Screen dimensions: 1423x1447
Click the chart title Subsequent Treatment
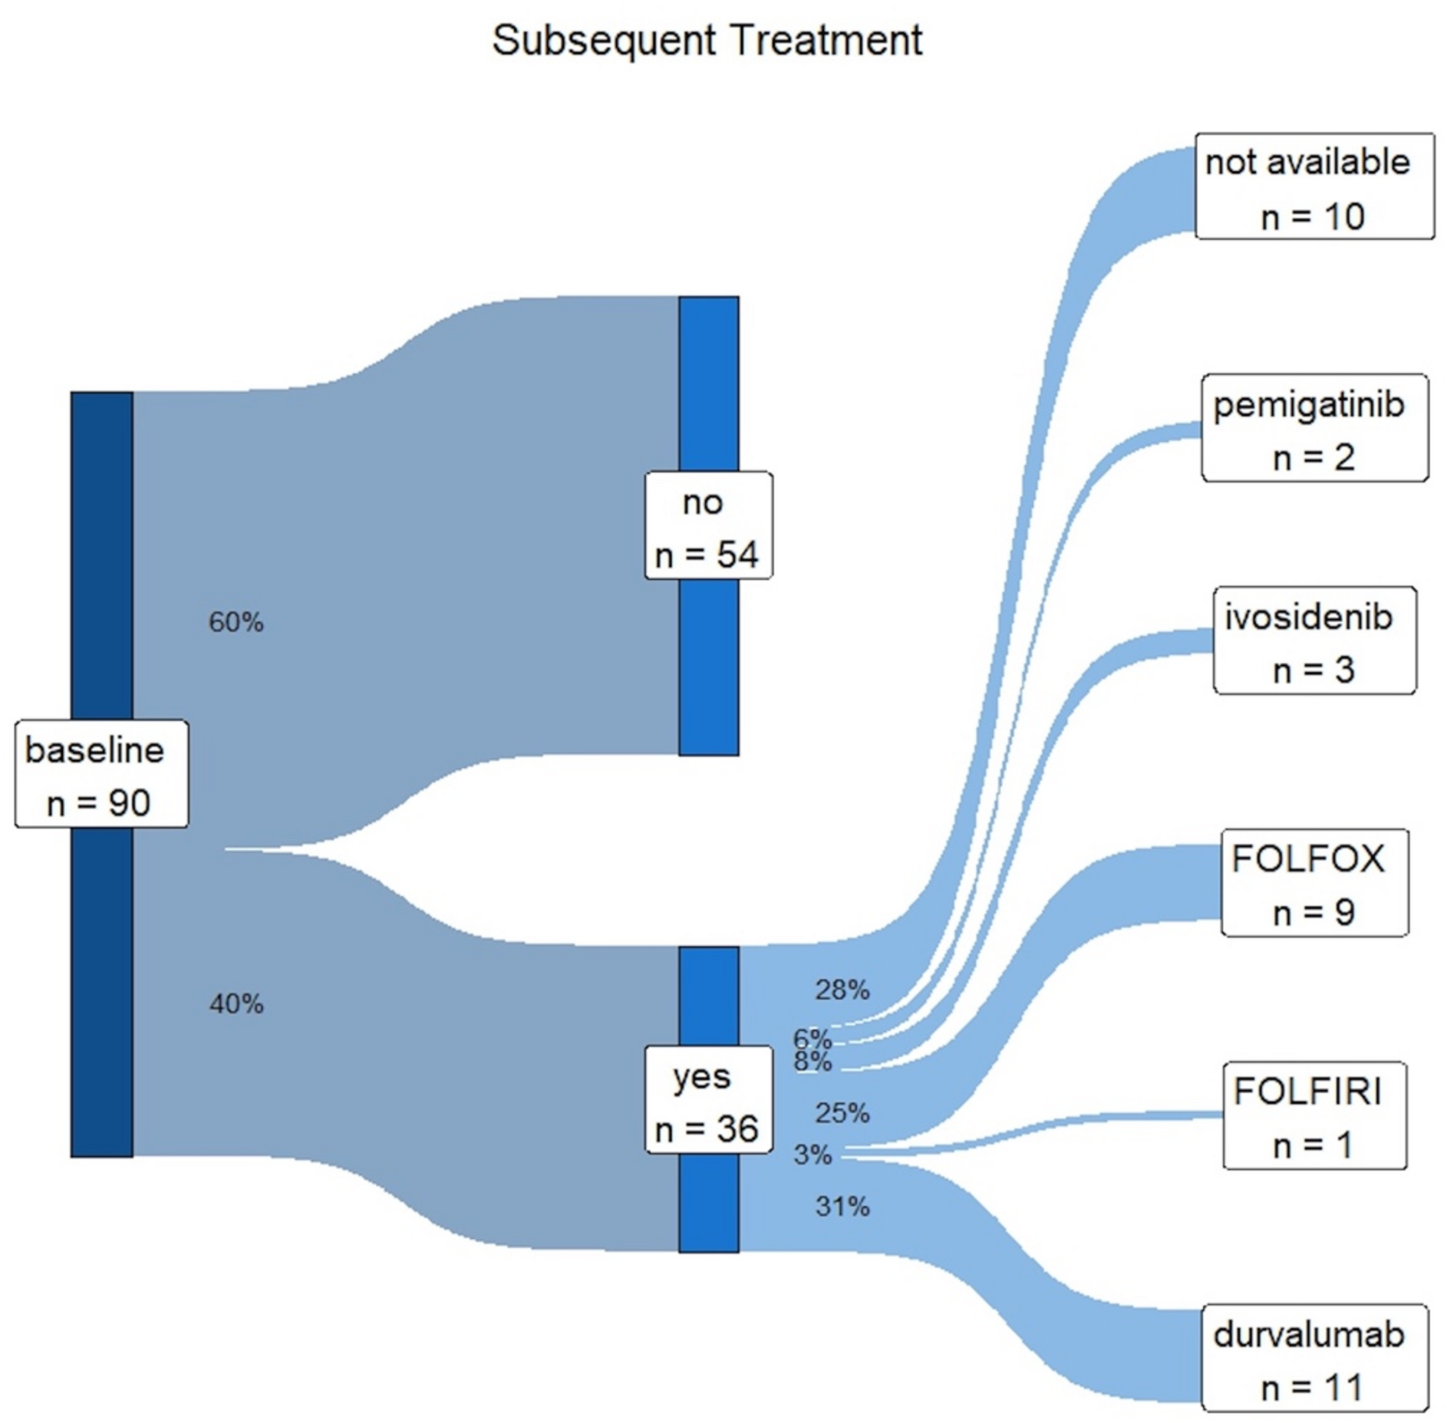pos(707,40)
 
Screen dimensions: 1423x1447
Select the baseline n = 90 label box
pos(101,775)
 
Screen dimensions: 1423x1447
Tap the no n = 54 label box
pos(708,525)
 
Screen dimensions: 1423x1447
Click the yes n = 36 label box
pos(708,1099)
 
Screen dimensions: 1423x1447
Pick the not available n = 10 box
pos(1313,187)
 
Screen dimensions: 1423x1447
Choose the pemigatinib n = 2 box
pos(1314,428)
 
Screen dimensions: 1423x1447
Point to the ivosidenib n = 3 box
pos(1314,641)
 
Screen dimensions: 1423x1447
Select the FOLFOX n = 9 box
pos(1314,883)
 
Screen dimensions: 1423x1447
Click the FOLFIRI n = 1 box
pos(1314,1115)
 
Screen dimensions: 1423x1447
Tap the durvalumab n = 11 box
pos(1314,1358)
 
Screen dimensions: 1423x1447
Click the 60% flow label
pos(236,622)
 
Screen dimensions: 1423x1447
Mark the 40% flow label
pos(236,1004)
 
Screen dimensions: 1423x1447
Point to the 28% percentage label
pos(842,990)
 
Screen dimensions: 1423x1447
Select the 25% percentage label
pos(842,1114)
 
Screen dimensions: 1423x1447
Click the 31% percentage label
pos(842,1206)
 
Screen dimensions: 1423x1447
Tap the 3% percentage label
pos(812,1155)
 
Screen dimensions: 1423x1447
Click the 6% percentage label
pos(812,1038)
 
